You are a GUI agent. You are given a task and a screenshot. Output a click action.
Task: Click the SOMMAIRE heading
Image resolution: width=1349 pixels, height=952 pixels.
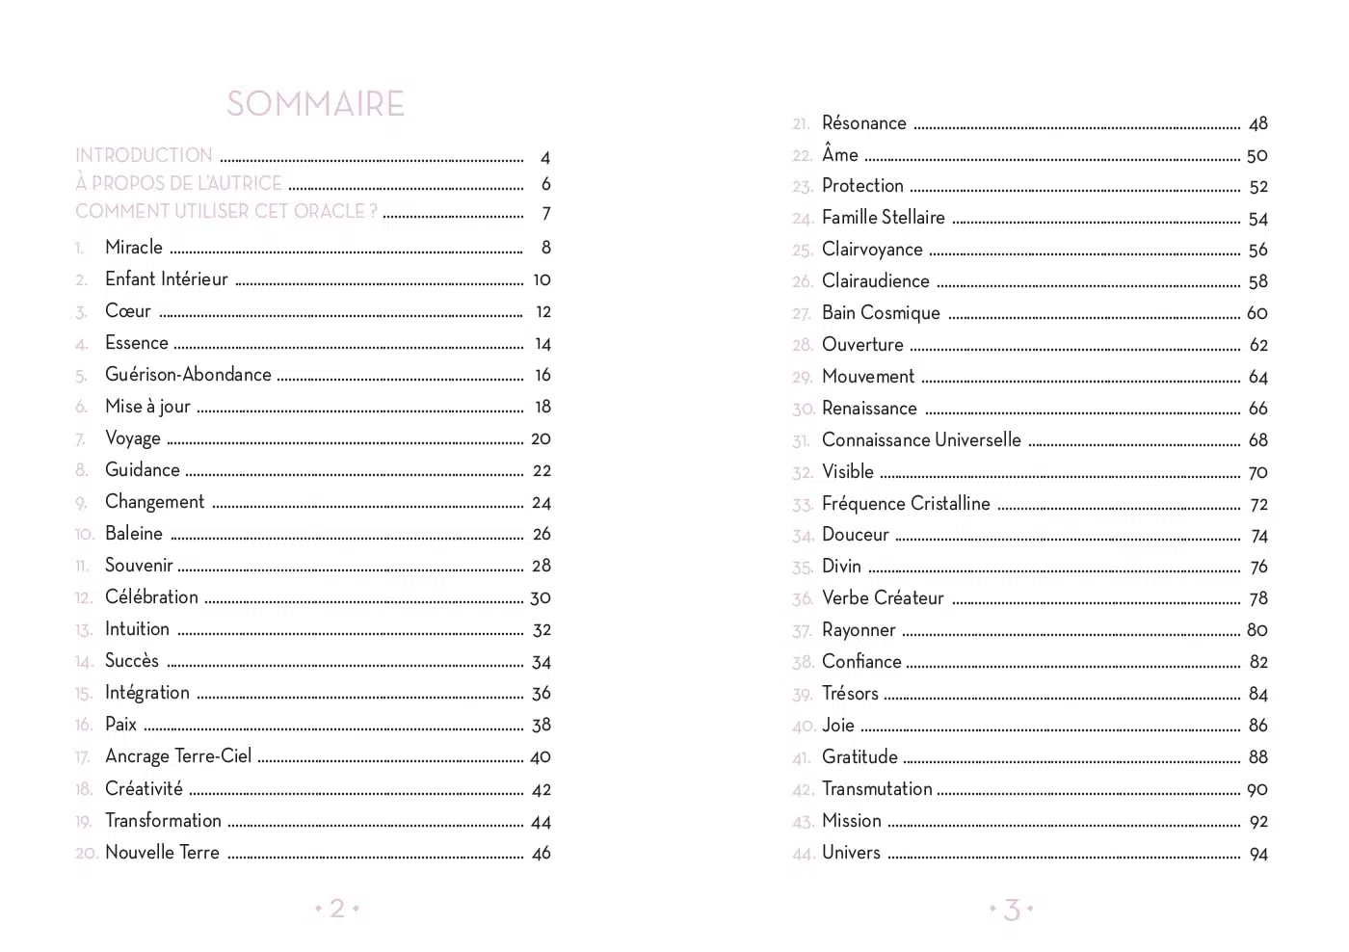pyautogui.click(x=315, y=104)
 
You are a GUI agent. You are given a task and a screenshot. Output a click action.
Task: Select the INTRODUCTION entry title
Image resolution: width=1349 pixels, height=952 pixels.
pyautogui.click(x=144, y=155)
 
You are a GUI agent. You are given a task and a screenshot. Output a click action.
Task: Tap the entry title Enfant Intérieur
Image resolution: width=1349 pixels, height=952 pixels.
pyautogui.click(x=167, y=279)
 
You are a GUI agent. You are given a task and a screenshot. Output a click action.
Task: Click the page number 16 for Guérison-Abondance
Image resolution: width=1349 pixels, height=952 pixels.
pyautogui.click(x=542, y=375)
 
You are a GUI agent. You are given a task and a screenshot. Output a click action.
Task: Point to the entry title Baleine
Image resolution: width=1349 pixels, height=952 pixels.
pyautogui.click(x=134, y=534)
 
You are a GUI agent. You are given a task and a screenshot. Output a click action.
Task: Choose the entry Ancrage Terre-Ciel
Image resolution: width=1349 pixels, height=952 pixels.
pyautogui.click(x=178, y=756)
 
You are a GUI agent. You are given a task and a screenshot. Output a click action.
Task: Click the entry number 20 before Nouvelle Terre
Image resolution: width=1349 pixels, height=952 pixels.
pyautogui.click(x=86, y=853)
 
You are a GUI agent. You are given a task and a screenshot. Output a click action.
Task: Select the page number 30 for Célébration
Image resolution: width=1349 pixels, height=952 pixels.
pyautogui.click(x=541, y=598)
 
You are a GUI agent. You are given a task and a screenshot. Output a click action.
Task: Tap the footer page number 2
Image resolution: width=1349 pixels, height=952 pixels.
pyautogui.click(x=337, y=908)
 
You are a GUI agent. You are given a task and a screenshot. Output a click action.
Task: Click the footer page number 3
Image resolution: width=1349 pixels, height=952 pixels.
pyautogui.click(x=1012, y=909)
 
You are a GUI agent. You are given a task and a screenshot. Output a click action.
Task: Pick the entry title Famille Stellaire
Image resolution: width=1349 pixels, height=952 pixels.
pyautogui.click(x=884, y=218)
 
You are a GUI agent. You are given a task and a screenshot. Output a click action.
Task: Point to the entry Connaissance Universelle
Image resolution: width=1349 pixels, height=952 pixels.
pyautogui.click(x=921, y=440)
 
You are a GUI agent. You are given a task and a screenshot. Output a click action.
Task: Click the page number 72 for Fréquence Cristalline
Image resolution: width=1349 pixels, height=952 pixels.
pyautogui.click(x=1258, y=505)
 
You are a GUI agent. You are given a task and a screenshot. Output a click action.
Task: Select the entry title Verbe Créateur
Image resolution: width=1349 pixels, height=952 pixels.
pyautogui.click(x=883, y=598)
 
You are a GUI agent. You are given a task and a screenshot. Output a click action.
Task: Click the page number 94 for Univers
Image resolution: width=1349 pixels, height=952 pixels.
pyautogui.click(x=1258, y=854)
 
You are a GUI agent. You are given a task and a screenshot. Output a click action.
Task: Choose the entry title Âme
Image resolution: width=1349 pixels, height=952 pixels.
pyautogui.click(x=840, y=154)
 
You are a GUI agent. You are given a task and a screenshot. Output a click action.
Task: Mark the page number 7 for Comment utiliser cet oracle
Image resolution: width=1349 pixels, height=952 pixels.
pyautogui.click(x=546, y=214)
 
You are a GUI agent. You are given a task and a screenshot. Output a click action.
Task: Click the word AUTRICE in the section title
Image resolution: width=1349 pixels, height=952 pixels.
pyautogui.click(x=248, y=183)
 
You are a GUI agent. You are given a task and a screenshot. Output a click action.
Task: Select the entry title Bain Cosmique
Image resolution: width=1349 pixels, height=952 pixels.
pyautogui.click(x=881, y=313)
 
